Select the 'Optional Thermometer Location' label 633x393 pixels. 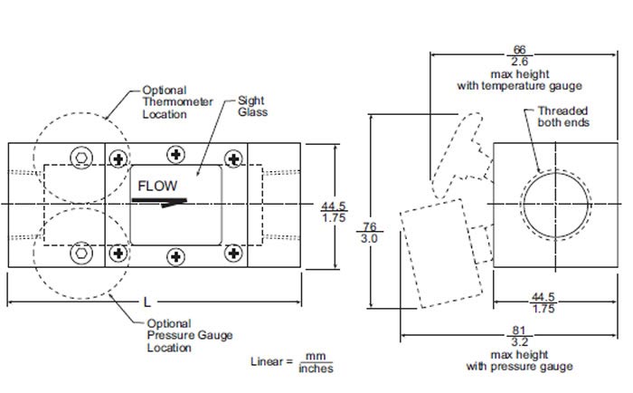tap(165, 102)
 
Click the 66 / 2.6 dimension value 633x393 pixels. tap(519, 55)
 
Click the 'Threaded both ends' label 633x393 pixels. tap(562, 115)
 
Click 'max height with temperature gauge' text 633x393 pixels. tap(519, 79)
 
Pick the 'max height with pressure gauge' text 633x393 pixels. tap(519, 360)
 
